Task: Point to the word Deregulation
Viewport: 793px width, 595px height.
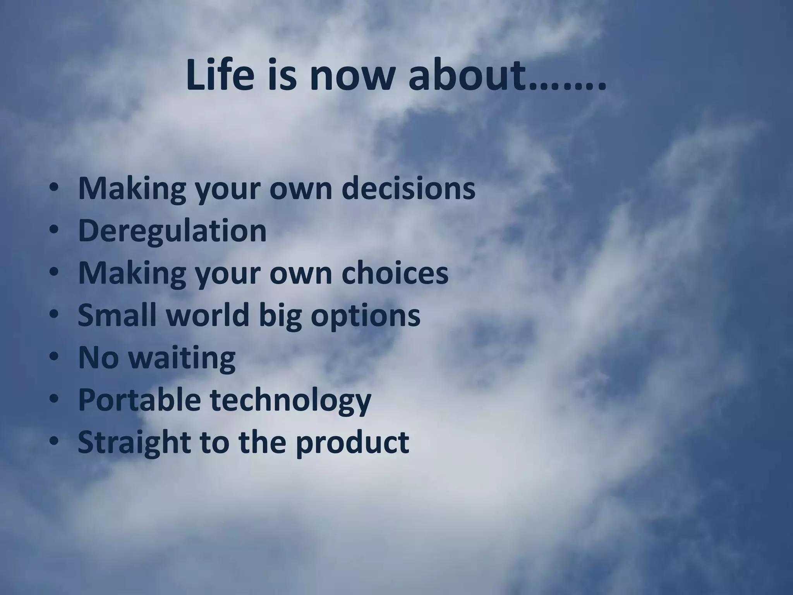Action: tap(172, 231)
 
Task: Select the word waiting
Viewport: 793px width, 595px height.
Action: tap(182, 358)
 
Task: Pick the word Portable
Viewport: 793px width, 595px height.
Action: tap(139, 399)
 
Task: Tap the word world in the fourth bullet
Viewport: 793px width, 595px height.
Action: tap(207, 315)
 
